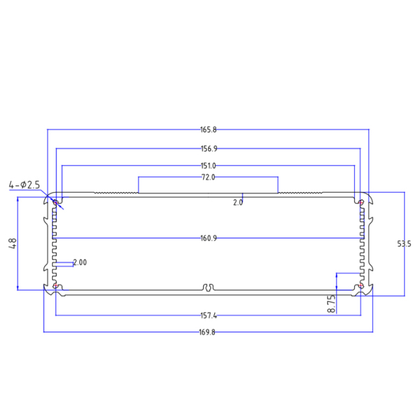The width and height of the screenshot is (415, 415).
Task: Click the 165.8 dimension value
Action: click(207, 130)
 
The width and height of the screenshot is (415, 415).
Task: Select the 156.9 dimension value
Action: click(207, 148)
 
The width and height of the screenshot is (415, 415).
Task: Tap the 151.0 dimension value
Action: click(207, 166)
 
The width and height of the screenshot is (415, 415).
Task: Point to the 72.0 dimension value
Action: click(207, 177)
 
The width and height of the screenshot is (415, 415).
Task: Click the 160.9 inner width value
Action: click(207, 239)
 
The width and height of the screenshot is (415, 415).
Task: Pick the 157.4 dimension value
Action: click(207, 316)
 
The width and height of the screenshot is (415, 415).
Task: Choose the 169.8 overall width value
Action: click(207, 333)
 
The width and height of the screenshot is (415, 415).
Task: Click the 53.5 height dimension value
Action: click(404, 244)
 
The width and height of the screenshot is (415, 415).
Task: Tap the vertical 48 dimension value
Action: click(12, 244)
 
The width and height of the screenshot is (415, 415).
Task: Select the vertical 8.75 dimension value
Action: click(331, 305)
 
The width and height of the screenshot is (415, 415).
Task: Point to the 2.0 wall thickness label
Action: click(238, 202)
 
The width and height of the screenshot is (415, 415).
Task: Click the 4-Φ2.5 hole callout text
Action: click(25, 185)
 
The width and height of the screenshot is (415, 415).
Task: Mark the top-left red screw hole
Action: click(56, 202)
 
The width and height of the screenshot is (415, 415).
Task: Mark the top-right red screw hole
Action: click(360, 202)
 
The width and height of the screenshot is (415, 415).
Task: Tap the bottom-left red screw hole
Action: click(56, 286)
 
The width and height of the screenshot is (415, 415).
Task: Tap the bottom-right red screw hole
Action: click(360, 286)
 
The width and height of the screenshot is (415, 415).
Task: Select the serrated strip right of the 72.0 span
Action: click(300, 193)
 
